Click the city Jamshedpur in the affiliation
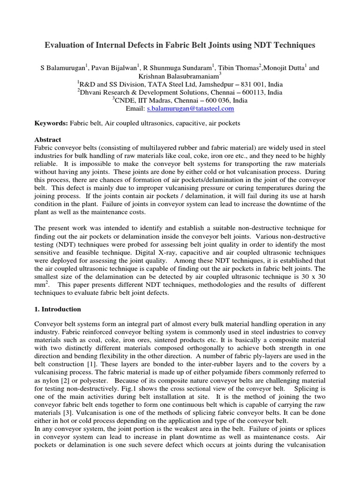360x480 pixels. pyautogui.click(x=219, y=84)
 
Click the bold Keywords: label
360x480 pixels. pyautogui.click(x=52, y=124)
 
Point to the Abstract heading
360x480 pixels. pyautogui.click(x=48, y=140)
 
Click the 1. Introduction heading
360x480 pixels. pyautogui.click(x=58, y=309)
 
